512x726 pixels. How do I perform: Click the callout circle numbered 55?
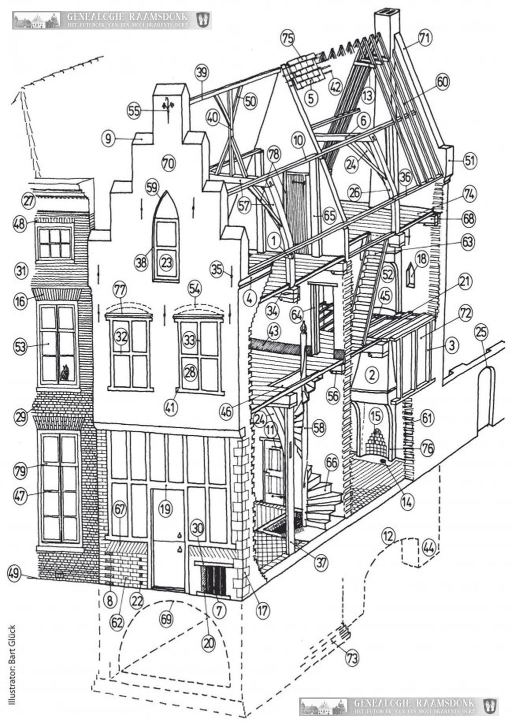[x=134, y=112]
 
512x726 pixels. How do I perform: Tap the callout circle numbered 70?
[x=168, y=163]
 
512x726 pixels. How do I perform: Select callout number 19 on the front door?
[x=165, y=509]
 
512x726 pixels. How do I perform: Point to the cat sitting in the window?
[x=64, y=373]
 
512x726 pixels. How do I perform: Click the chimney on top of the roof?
[x=386, y=23]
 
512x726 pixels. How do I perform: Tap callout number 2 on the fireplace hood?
[x=371, y=374]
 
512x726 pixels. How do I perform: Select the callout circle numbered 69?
[x=166, y=618]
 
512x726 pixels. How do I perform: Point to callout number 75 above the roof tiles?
[x=286, y=39]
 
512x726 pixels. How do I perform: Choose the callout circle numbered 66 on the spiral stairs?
[x=331, y=463]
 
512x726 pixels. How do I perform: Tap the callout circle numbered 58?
[x=319, y=427]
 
